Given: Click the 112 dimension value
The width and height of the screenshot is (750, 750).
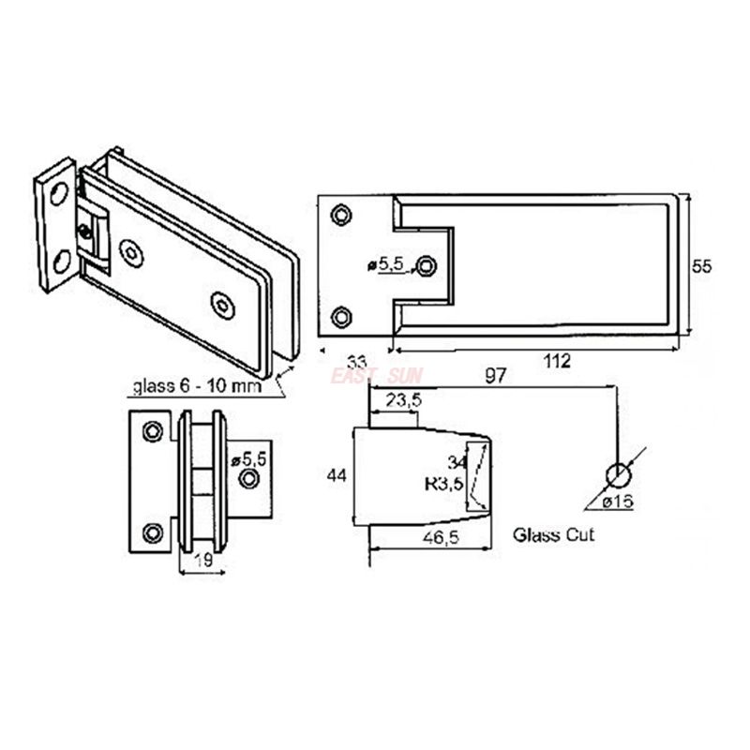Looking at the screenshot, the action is coord(557,361).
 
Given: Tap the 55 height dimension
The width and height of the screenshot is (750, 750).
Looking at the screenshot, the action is coord(701,266).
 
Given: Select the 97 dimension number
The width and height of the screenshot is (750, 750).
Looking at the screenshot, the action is coord(496,376).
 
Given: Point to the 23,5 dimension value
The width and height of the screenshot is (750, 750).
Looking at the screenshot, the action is coord(404,400).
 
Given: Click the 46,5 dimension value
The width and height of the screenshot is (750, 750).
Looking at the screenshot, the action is coord(441,537).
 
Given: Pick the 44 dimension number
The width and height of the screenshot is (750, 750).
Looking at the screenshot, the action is coord(337,475).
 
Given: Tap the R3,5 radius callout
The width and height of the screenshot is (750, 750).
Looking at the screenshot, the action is coord(444,485).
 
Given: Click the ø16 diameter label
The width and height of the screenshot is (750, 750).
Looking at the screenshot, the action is coord(618,502).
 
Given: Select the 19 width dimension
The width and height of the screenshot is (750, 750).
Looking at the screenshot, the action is coord(204,560).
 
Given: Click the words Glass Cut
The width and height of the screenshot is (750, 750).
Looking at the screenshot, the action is coord(553,534).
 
